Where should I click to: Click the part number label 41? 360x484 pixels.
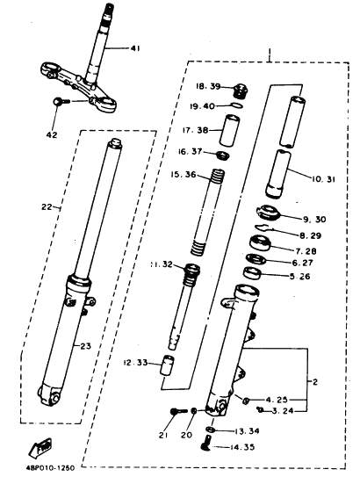[x=135, y=48]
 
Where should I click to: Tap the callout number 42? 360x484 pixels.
[x=52, y=135]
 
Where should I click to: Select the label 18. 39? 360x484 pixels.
[x=208, y=86]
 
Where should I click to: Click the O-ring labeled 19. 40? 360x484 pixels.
[x=237, y=105]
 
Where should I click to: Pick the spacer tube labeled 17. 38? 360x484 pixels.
[x=229, y=130]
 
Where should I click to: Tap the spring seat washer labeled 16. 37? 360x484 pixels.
[x=223, y=155]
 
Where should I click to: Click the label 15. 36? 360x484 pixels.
[x=184, y=175]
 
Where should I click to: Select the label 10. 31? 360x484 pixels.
[x=323, y=179]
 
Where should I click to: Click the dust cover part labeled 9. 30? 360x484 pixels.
[x=268, y=213]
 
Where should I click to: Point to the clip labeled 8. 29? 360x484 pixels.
[x=263, y=228]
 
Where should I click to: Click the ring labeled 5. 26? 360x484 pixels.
[x=253, y=273]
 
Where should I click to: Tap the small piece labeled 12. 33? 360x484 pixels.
[x=167, y=365]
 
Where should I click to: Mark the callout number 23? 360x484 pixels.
[x=85, y=346]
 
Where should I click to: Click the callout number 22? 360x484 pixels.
[x=47, y=207]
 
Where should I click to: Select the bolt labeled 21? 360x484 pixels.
[x=178, y=411]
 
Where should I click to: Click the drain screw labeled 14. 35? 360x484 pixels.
[x=205, y=444]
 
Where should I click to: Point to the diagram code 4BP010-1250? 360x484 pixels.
[x=50, y=468]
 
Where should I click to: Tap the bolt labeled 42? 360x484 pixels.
[x=59, y=101]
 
